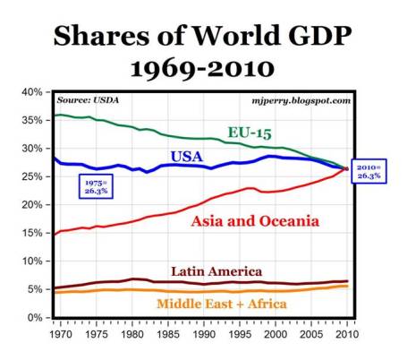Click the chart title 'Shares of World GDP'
[203, 36]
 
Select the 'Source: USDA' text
[88, 100]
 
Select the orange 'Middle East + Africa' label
[222, 304]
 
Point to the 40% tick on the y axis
[32, 92]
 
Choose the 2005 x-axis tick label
[312, 333]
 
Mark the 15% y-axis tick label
[32, 233]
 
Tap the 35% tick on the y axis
[32, 120]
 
